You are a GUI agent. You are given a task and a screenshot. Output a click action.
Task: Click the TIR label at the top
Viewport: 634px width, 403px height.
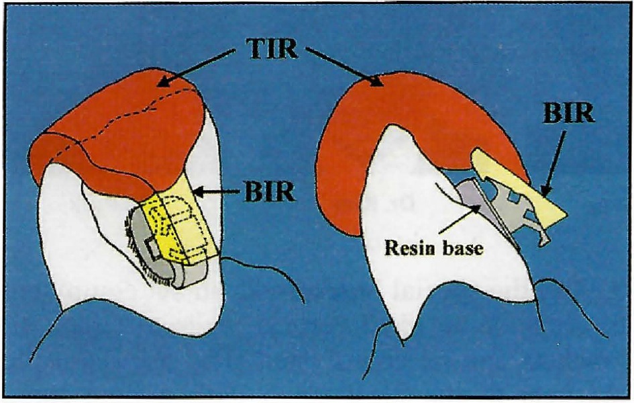[270, 48]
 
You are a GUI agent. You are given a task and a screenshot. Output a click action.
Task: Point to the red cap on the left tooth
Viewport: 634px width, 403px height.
[121, 134]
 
